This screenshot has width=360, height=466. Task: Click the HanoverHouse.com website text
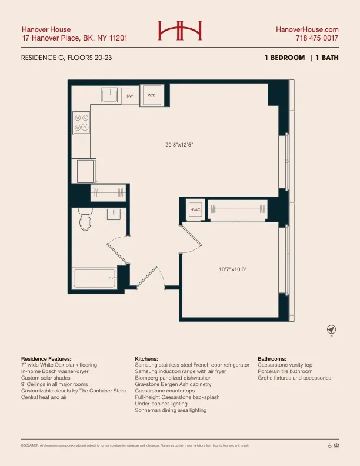307,29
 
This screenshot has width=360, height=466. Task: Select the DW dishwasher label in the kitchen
129,95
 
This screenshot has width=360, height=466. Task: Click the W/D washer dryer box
151,95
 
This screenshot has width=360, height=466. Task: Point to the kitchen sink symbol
110,95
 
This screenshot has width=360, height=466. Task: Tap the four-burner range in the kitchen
81,122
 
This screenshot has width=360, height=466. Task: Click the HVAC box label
195,210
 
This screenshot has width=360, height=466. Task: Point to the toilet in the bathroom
86,220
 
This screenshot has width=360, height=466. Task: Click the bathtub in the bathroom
94,278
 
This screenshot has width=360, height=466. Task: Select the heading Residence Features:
46,358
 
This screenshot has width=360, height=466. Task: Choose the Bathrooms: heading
272,358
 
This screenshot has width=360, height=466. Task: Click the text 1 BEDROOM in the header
285,58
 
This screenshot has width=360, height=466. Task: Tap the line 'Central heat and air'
45,397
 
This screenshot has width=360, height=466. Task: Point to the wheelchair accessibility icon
329,445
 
